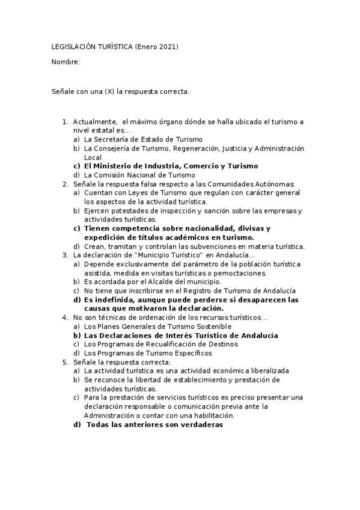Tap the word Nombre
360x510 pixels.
tap(64, 62)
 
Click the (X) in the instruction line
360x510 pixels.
tap(110, 91)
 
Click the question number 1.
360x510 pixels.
tap(65, 122)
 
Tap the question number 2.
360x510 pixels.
tap(65, 183)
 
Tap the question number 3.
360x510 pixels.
tap(65, 255)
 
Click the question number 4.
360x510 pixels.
tap(65, 317)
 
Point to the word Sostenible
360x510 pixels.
tap(213, 326)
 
